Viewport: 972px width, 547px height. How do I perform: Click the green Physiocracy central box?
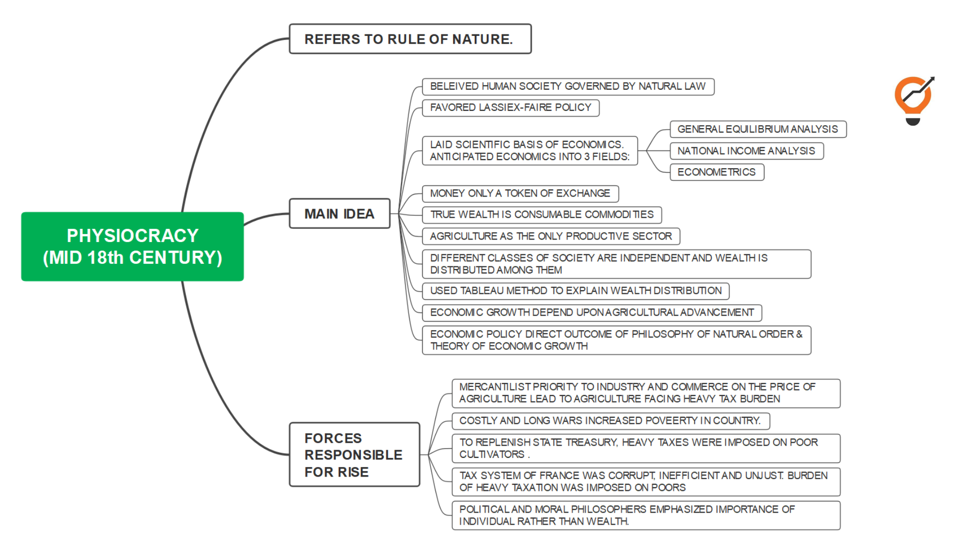coord(132,247)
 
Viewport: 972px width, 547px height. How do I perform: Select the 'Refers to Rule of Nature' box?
coord(410,39)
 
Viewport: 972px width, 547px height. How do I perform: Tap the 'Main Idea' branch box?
coord(339,214)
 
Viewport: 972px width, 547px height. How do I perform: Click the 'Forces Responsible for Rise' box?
coord(354,455)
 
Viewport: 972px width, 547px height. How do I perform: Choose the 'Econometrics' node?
coord(716,172)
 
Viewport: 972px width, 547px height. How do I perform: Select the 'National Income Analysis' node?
coord(746,151)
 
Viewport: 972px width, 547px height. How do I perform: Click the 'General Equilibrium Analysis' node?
coord(757,129)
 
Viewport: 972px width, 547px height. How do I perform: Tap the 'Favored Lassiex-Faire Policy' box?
coord(510,108)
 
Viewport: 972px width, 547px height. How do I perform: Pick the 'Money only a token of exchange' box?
coord(520,193)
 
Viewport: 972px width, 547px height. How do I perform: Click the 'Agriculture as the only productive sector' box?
coord(551,237)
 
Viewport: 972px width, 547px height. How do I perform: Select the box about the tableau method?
coord(576,291)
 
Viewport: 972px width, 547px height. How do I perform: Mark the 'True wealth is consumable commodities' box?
coord(542,215)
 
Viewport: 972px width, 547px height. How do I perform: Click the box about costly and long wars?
coord(610,421)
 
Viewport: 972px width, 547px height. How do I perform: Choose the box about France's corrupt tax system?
coord(645,482)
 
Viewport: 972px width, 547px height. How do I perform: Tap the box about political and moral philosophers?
coord(645,515)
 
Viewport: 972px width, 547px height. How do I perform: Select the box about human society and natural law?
coord(568,87)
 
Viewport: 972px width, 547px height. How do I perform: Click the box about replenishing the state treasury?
coord(645,448)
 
